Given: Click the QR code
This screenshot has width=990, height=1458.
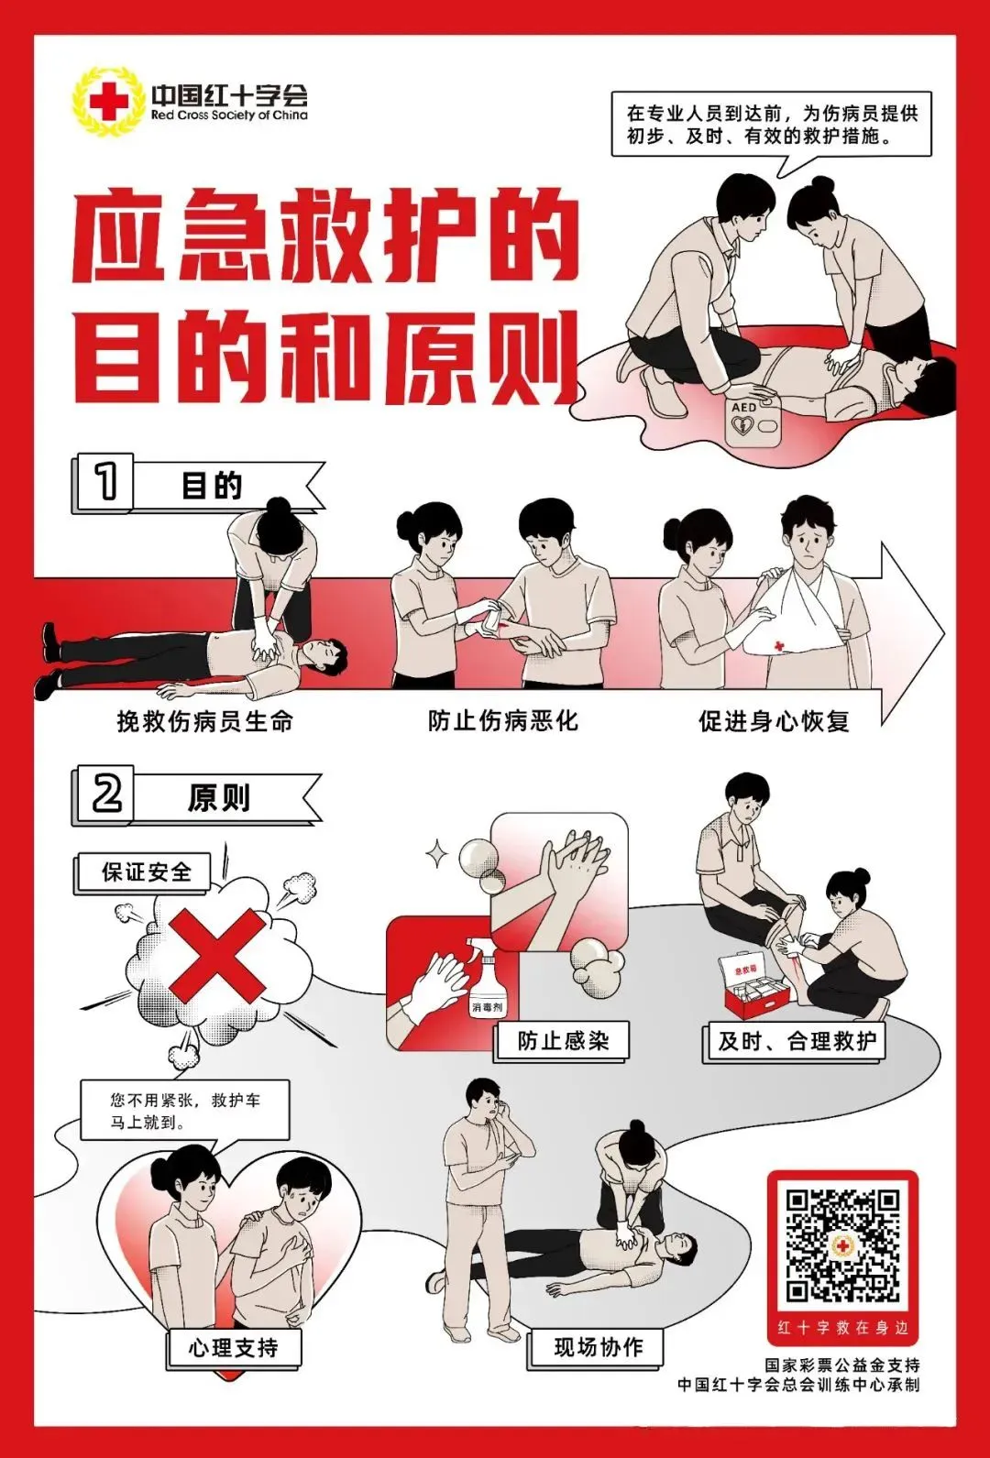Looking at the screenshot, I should [842, 1245].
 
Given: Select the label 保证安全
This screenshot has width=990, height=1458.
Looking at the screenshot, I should [145, 872].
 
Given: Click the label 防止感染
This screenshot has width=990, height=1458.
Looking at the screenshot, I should [563, 1041].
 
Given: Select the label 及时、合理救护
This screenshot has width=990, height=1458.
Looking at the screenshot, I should [796, 1041].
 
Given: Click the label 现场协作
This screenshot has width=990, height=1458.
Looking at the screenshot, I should [598, 1347].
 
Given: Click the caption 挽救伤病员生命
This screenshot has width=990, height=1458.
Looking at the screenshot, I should [204, 722].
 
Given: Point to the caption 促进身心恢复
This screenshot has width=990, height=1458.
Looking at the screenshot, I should [774, 722].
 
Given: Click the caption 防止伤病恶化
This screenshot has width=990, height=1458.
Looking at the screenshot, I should [502, 721].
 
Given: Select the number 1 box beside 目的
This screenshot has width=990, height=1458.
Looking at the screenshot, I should [104, 482].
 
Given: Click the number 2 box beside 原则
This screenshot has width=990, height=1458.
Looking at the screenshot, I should [105, 794].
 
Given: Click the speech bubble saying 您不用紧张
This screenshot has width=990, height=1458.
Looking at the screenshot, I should [185, 1111].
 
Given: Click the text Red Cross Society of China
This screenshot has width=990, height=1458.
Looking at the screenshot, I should [229, 115].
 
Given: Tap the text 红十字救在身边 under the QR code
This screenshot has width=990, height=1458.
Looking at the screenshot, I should [842, 1327].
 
